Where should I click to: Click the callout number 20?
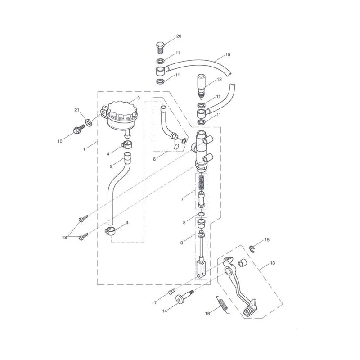pyautogui.click(x=179, y=36)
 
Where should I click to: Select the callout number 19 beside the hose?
pyautogui.click(x=228, y=54)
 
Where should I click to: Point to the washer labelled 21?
pyautogui.click(x=88, y=122)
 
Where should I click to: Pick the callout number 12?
pyautogui.click(x=219, y=79)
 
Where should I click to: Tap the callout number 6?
pyautogui.click(x=154, y=159)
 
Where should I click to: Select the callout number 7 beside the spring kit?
pyautogui.click(x=182, y=199)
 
